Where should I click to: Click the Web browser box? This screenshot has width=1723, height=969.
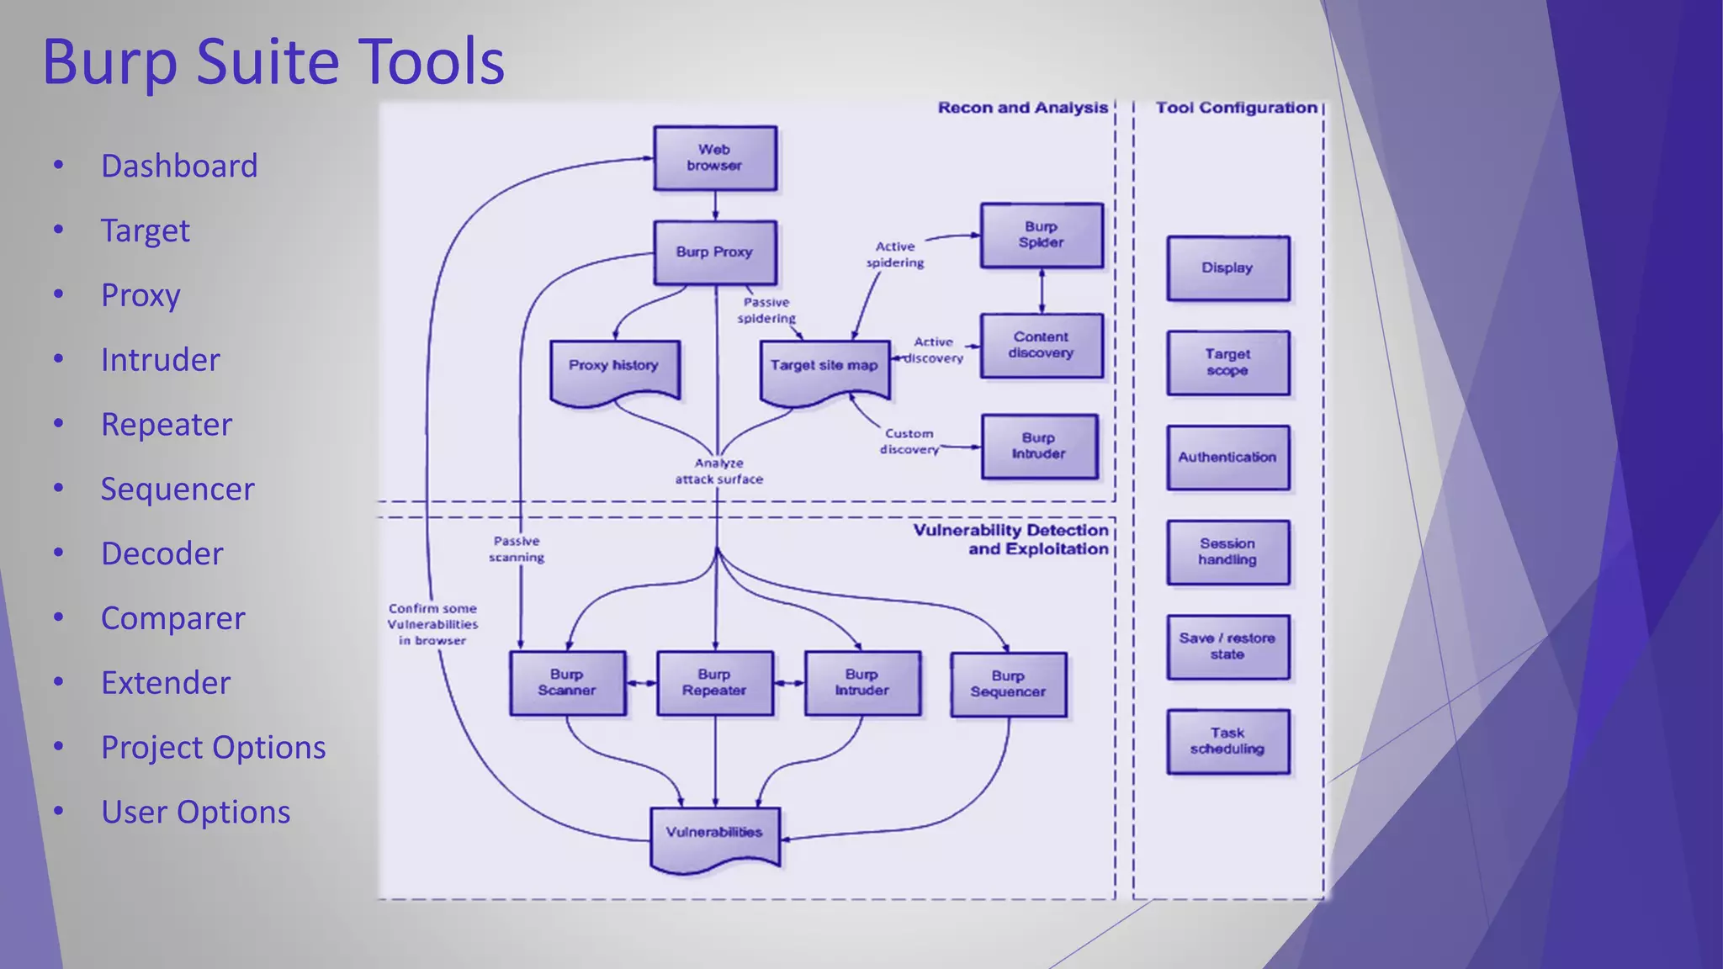(714, 158)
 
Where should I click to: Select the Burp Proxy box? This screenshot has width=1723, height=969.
(714, 252)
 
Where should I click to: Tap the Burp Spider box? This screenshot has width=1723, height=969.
(1041, 235)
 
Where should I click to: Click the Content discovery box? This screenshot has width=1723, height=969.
(1041, 345)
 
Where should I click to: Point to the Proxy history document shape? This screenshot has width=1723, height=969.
(613, 368)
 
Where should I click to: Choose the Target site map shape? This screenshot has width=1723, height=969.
(824, 368)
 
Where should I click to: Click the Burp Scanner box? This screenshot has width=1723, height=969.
(566, 682)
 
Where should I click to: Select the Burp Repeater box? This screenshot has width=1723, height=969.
(714, 682)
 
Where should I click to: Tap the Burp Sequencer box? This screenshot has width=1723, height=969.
(1008, 684)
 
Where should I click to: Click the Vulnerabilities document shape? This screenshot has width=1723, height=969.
(714, 835)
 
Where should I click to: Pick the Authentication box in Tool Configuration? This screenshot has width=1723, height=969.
(1227, 458)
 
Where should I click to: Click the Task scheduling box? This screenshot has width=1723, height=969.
(1227, 741)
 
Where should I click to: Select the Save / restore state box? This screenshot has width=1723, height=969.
(1227, 646)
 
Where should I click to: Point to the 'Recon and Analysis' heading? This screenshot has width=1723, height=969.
(1022, 108)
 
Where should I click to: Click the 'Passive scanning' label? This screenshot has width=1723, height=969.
(517, 549)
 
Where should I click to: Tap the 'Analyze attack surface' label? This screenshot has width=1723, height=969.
(718, 471)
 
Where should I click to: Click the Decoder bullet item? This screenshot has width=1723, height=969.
(162, 553)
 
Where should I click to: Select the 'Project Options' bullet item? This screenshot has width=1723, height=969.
(213, 747)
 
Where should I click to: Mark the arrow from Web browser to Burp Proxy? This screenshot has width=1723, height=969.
(715, 205)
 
